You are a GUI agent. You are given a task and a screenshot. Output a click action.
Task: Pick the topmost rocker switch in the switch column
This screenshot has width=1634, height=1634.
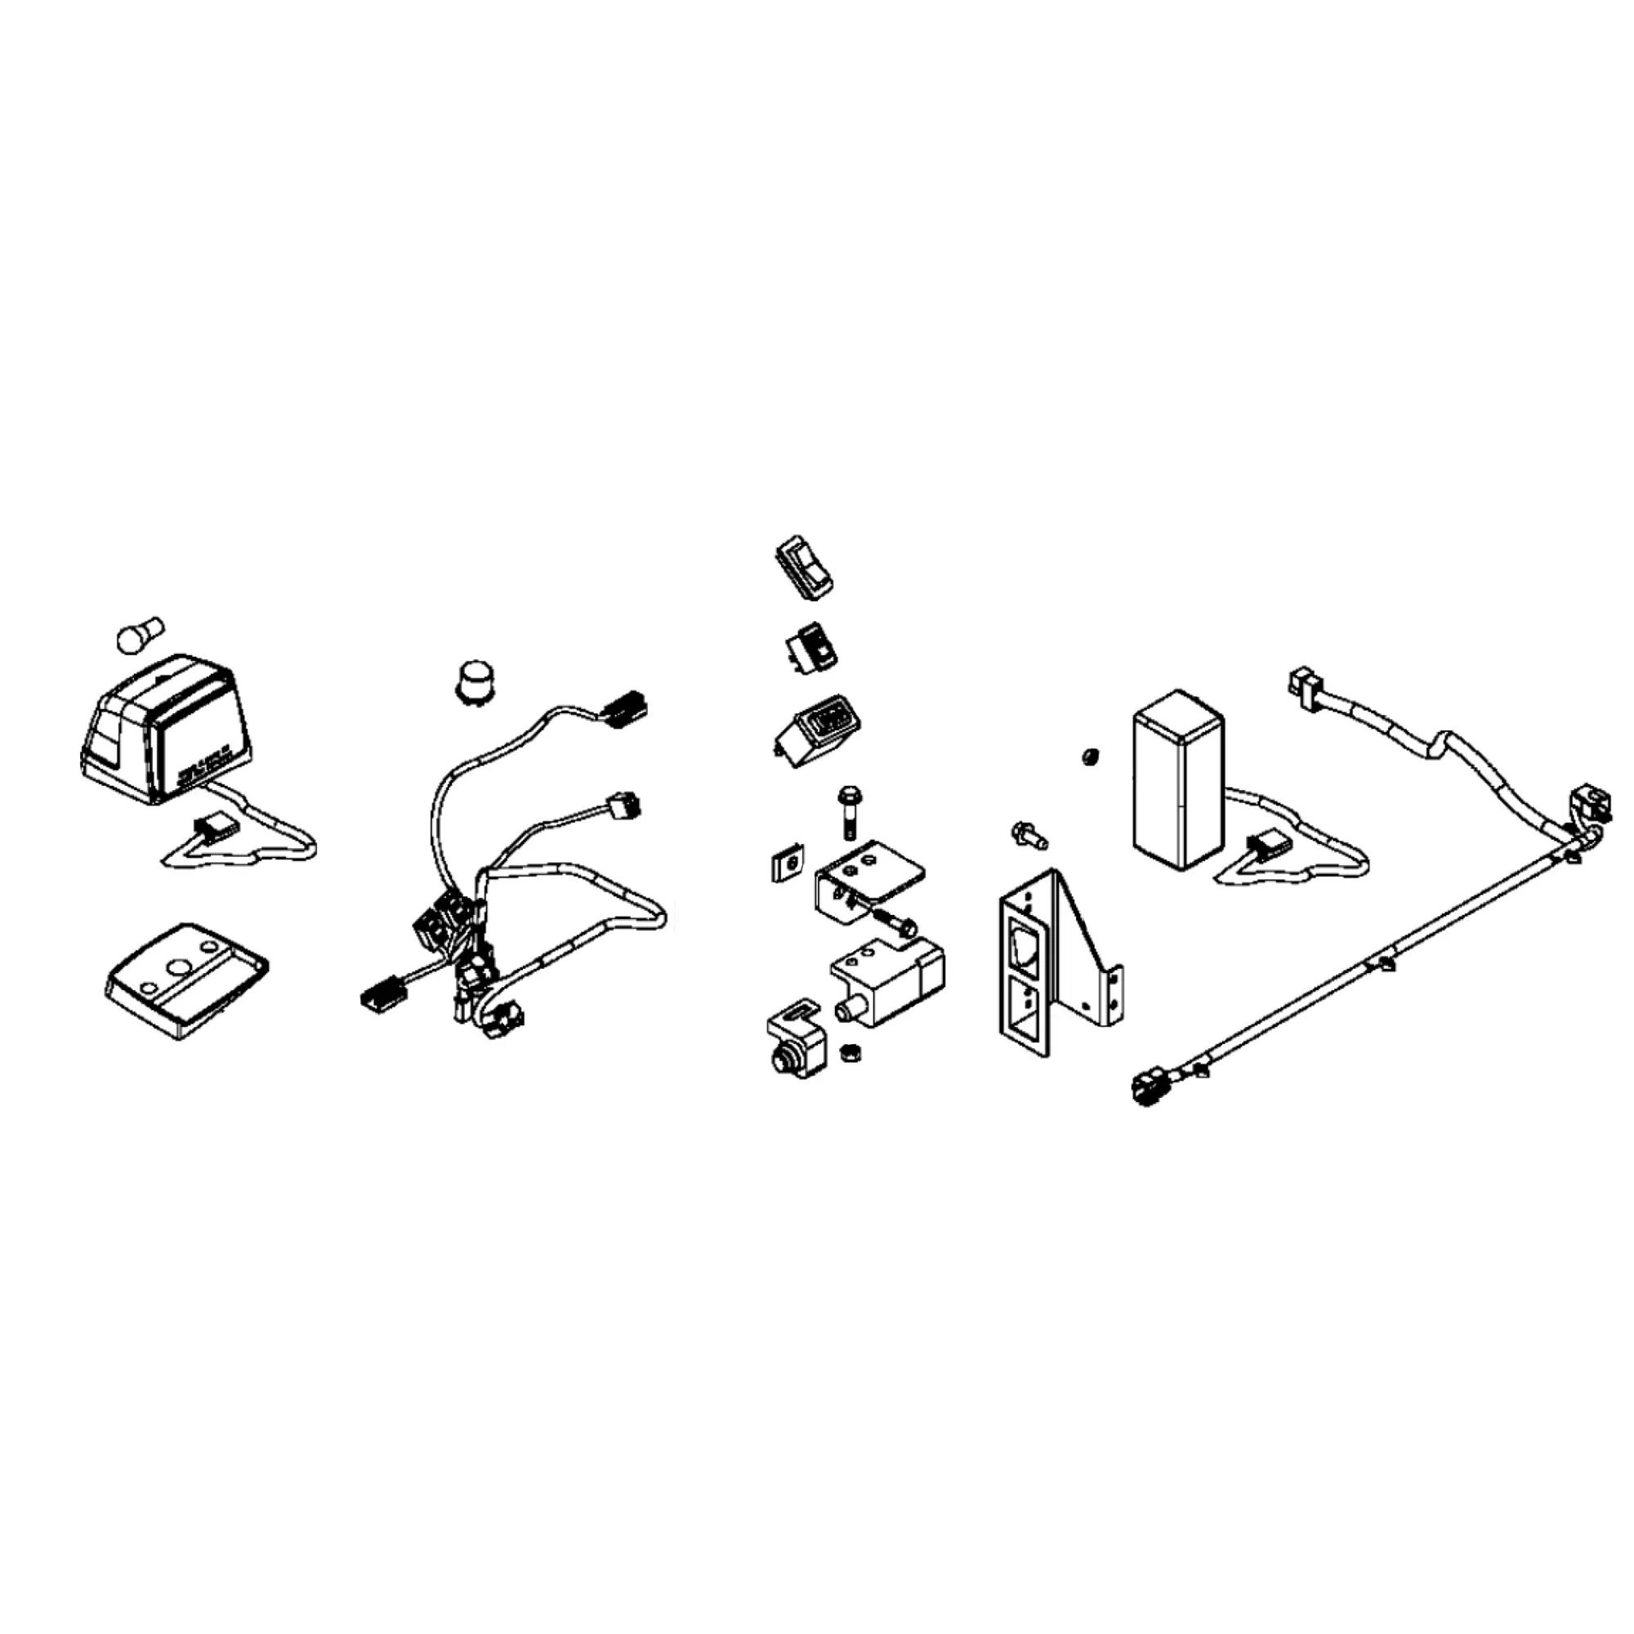click(x=803, y=566)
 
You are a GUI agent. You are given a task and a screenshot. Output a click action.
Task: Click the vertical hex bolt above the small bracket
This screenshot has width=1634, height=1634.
click(x=848, y=811)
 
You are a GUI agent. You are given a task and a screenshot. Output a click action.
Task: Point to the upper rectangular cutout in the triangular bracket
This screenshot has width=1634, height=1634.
click(x=1025, y=947)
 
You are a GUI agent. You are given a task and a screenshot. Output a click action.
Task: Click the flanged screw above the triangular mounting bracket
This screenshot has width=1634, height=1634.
click(x=1029, y=836)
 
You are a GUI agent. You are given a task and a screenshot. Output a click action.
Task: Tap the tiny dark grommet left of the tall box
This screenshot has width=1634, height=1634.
click(x=1091, y=755)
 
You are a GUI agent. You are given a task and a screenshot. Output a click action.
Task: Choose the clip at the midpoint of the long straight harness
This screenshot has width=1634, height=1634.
click(x=1386, y=963)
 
